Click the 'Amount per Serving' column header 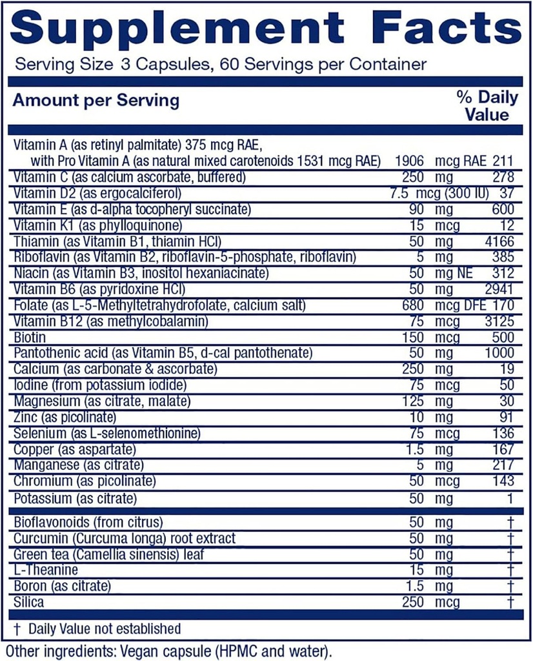96,101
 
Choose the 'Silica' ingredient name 28,602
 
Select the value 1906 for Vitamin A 410,160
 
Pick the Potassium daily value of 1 510,499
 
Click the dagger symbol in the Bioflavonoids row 510,522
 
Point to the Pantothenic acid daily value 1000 500,353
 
